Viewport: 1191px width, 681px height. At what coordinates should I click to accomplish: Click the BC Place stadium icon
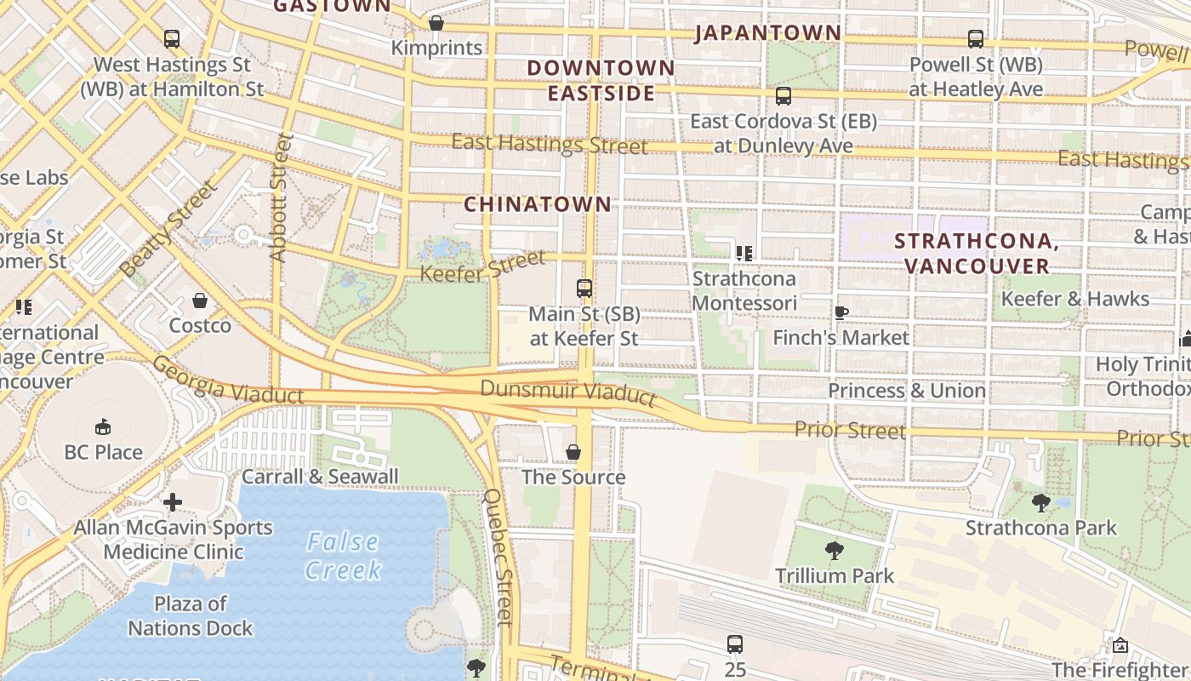pyautogui.click(x=103, y=426)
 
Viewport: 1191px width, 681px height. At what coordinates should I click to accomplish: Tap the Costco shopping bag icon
pyautogui.click(x=200, y=300)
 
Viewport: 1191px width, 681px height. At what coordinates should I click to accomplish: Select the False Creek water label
pyautogui.click(x=343, y=555)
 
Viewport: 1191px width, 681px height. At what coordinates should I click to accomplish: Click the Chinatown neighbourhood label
pyautogui.click(x=537, y=204)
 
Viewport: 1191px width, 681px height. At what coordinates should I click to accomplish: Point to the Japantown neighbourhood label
pyautogui.click(x=767, y=33)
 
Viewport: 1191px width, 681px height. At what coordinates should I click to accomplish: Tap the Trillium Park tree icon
pyautogui.click(x=835, y=551)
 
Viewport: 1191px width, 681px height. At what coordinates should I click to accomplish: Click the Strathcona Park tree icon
pyautogui.click(x=1040, y=502)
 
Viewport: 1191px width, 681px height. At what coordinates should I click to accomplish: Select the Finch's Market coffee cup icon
pyautogui.click(x=841, y=312)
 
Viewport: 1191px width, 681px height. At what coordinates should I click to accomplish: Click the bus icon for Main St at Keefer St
pyautogui.click(x=584, y=289)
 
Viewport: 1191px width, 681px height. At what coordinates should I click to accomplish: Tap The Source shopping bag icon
pyautogui.click(x=573, y=452)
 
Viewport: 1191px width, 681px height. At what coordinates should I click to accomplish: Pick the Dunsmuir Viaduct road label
pyautogui.click(x=568, y=392)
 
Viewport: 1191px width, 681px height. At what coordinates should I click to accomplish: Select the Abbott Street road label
pyautogui.click(x=281, y=197)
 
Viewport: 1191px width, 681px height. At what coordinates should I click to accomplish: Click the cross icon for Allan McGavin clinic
pyautogui.click(x=173, y=502)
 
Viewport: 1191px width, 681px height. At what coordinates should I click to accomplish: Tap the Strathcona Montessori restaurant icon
pyautogui.click(x=744, y=254)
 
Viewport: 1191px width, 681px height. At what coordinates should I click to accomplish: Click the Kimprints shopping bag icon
pyautogui.click(x=436, y=23)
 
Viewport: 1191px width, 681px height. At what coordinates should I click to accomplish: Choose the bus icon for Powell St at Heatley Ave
pyautogui.click(x=975, y=39)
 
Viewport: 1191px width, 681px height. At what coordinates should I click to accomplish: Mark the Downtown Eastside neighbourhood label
pyautogui.click(x=601, y=80)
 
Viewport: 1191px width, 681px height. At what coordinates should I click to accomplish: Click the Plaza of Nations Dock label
pyautogui.click(x=191, y=616)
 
